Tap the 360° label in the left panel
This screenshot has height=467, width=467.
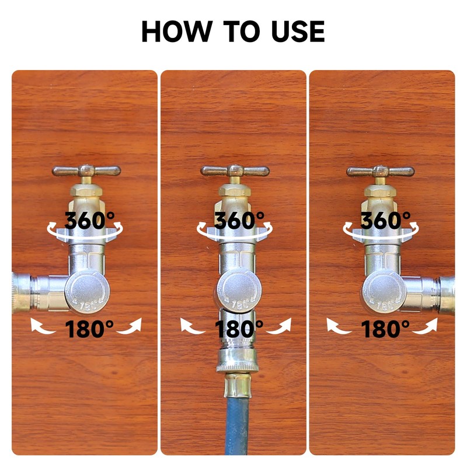pos(89,221)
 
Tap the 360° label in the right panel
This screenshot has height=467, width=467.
pos(385,221)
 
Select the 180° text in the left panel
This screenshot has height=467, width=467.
pos(89,329)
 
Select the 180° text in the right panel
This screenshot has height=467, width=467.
pos(385,329)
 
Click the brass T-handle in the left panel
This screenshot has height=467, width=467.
pos(86,171)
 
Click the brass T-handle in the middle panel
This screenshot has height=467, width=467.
pos(235,171)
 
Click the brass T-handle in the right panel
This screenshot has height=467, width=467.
pos(381,171)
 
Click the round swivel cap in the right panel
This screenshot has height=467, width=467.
pos(381,292)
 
